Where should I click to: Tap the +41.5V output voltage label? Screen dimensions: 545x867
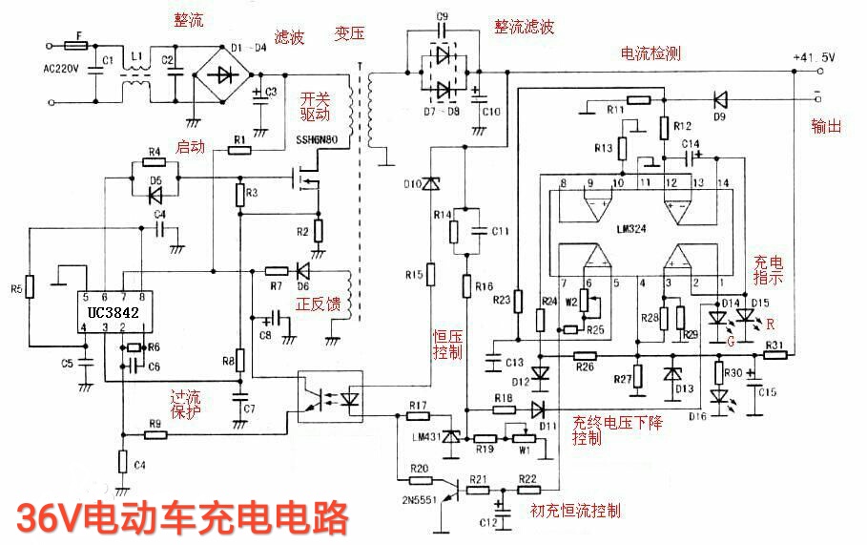click(813, 58)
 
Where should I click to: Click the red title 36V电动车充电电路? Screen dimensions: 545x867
click(182, 519)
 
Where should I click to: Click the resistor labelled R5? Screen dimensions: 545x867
click(30, 285)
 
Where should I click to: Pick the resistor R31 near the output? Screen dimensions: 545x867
click(776, 356)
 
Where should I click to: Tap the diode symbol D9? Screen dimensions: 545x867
click(720, 98)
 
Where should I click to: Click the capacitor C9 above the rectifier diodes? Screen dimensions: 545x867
click(442, 29)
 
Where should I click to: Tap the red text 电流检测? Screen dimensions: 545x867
click(651, 54)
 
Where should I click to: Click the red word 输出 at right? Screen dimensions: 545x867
click(825, 125)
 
